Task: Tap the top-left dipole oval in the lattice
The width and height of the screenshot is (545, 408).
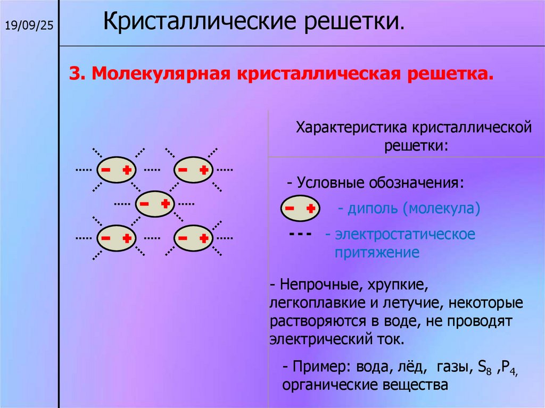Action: coord(116,170)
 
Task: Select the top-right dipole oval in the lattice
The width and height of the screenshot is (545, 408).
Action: coord(194,170)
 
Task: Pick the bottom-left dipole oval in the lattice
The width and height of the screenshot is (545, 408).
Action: coord(116,238)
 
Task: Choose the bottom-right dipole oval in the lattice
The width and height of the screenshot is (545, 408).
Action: coord(194,238)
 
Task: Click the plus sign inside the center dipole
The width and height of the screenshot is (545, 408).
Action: coord(166,203)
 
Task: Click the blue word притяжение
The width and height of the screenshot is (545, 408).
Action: coord(377,252)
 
